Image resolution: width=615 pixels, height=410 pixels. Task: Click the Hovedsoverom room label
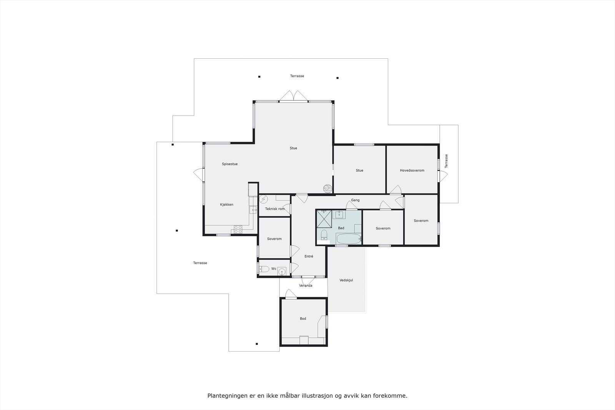point(412,170)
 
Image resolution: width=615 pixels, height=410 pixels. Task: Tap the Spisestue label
point(229,164)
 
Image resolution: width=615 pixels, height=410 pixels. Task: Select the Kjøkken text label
point(226,204)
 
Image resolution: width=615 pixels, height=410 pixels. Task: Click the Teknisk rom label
point(275,209)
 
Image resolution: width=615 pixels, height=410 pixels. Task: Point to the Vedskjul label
point(346,280)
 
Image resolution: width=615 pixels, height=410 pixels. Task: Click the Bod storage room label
point(303,319)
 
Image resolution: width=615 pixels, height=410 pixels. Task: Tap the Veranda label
point(306,286)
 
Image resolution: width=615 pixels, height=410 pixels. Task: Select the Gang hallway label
point(355,200)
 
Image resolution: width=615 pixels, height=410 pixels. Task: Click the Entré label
point(309,256)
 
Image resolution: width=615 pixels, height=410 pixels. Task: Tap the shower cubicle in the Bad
point(324,218)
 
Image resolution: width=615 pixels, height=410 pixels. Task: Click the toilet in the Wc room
point(264,269)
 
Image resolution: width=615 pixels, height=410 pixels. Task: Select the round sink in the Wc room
point(283,272)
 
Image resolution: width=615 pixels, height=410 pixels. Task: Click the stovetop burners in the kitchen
point(238,230)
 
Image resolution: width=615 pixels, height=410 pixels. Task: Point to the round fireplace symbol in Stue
point(327,188)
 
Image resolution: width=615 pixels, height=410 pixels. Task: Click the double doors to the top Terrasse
point(294,96)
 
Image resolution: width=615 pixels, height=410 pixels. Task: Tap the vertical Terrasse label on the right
point(446,161)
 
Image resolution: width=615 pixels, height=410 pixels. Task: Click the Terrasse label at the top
point(297,76)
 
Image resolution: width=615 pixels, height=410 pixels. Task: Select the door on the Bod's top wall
point(291,294)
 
